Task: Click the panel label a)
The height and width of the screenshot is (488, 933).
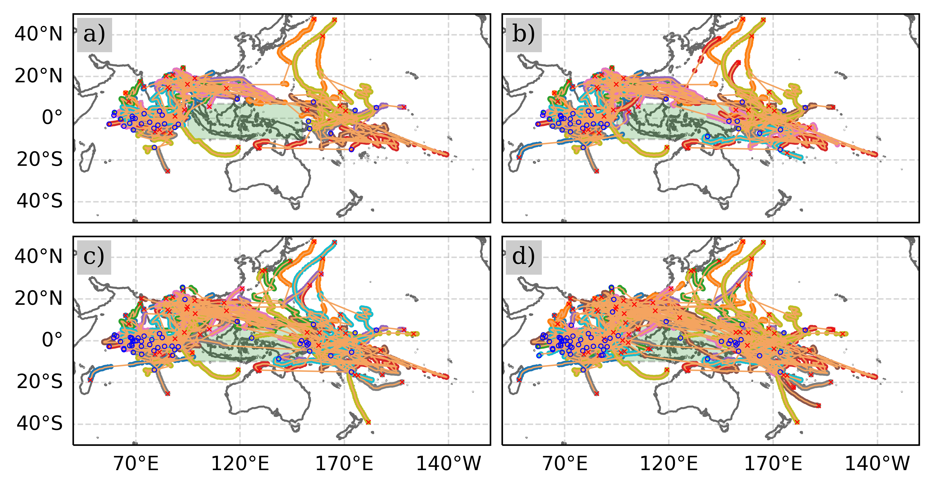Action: [x=94, y=35]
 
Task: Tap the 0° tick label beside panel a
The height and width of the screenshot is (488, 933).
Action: [x=52, y=118]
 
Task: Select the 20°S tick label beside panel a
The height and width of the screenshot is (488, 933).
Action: [x=39, y=159]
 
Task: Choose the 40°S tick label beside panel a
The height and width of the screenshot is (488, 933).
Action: [x=39, y=201]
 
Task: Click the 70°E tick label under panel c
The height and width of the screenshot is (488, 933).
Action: [x=136, y=464]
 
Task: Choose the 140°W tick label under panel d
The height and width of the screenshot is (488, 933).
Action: [x=877, y=464]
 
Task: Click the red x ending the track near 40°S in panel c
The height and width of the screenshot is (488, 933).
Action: [x=368, y=422]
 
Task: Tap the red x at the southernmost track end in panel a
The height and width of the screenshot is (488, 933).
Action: [x=168, y=171]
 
